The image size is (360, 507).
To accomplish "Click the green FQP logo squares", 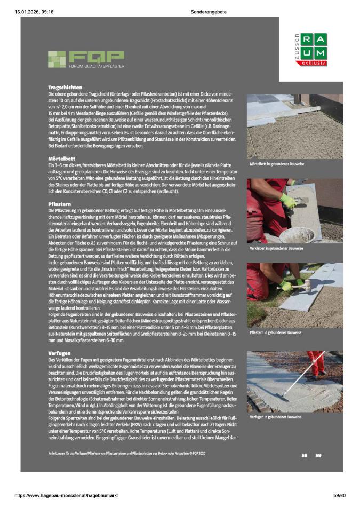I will click(56, 59).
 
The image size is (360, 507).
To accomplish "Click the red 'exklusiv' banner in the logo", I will click(311, 64).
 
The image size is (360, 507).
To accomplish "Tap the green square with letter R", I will click(307, 39).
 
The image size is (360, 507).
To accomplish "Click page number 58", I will click(304, 455).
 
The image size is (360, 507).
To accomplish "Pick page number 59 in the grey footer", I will click(318, 455).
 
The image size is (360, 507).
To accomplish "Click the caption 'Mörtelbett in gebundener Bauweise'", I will click(277, 164).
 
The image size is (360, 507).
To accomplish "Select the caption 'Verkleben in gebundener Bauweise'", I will click(276, 249).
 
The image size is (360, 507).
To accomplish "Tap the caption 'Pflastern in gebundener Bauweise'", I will click(276, 332).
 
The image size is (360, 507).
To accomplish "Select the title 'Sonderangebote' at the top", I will click(204, 12).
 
